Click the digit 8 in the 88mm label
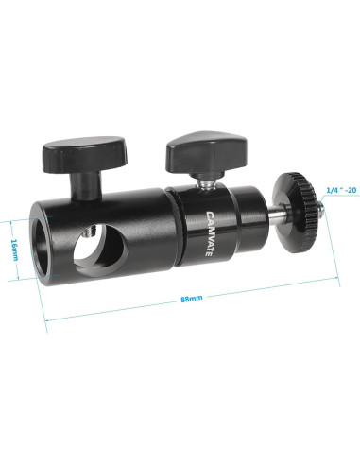185,301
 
